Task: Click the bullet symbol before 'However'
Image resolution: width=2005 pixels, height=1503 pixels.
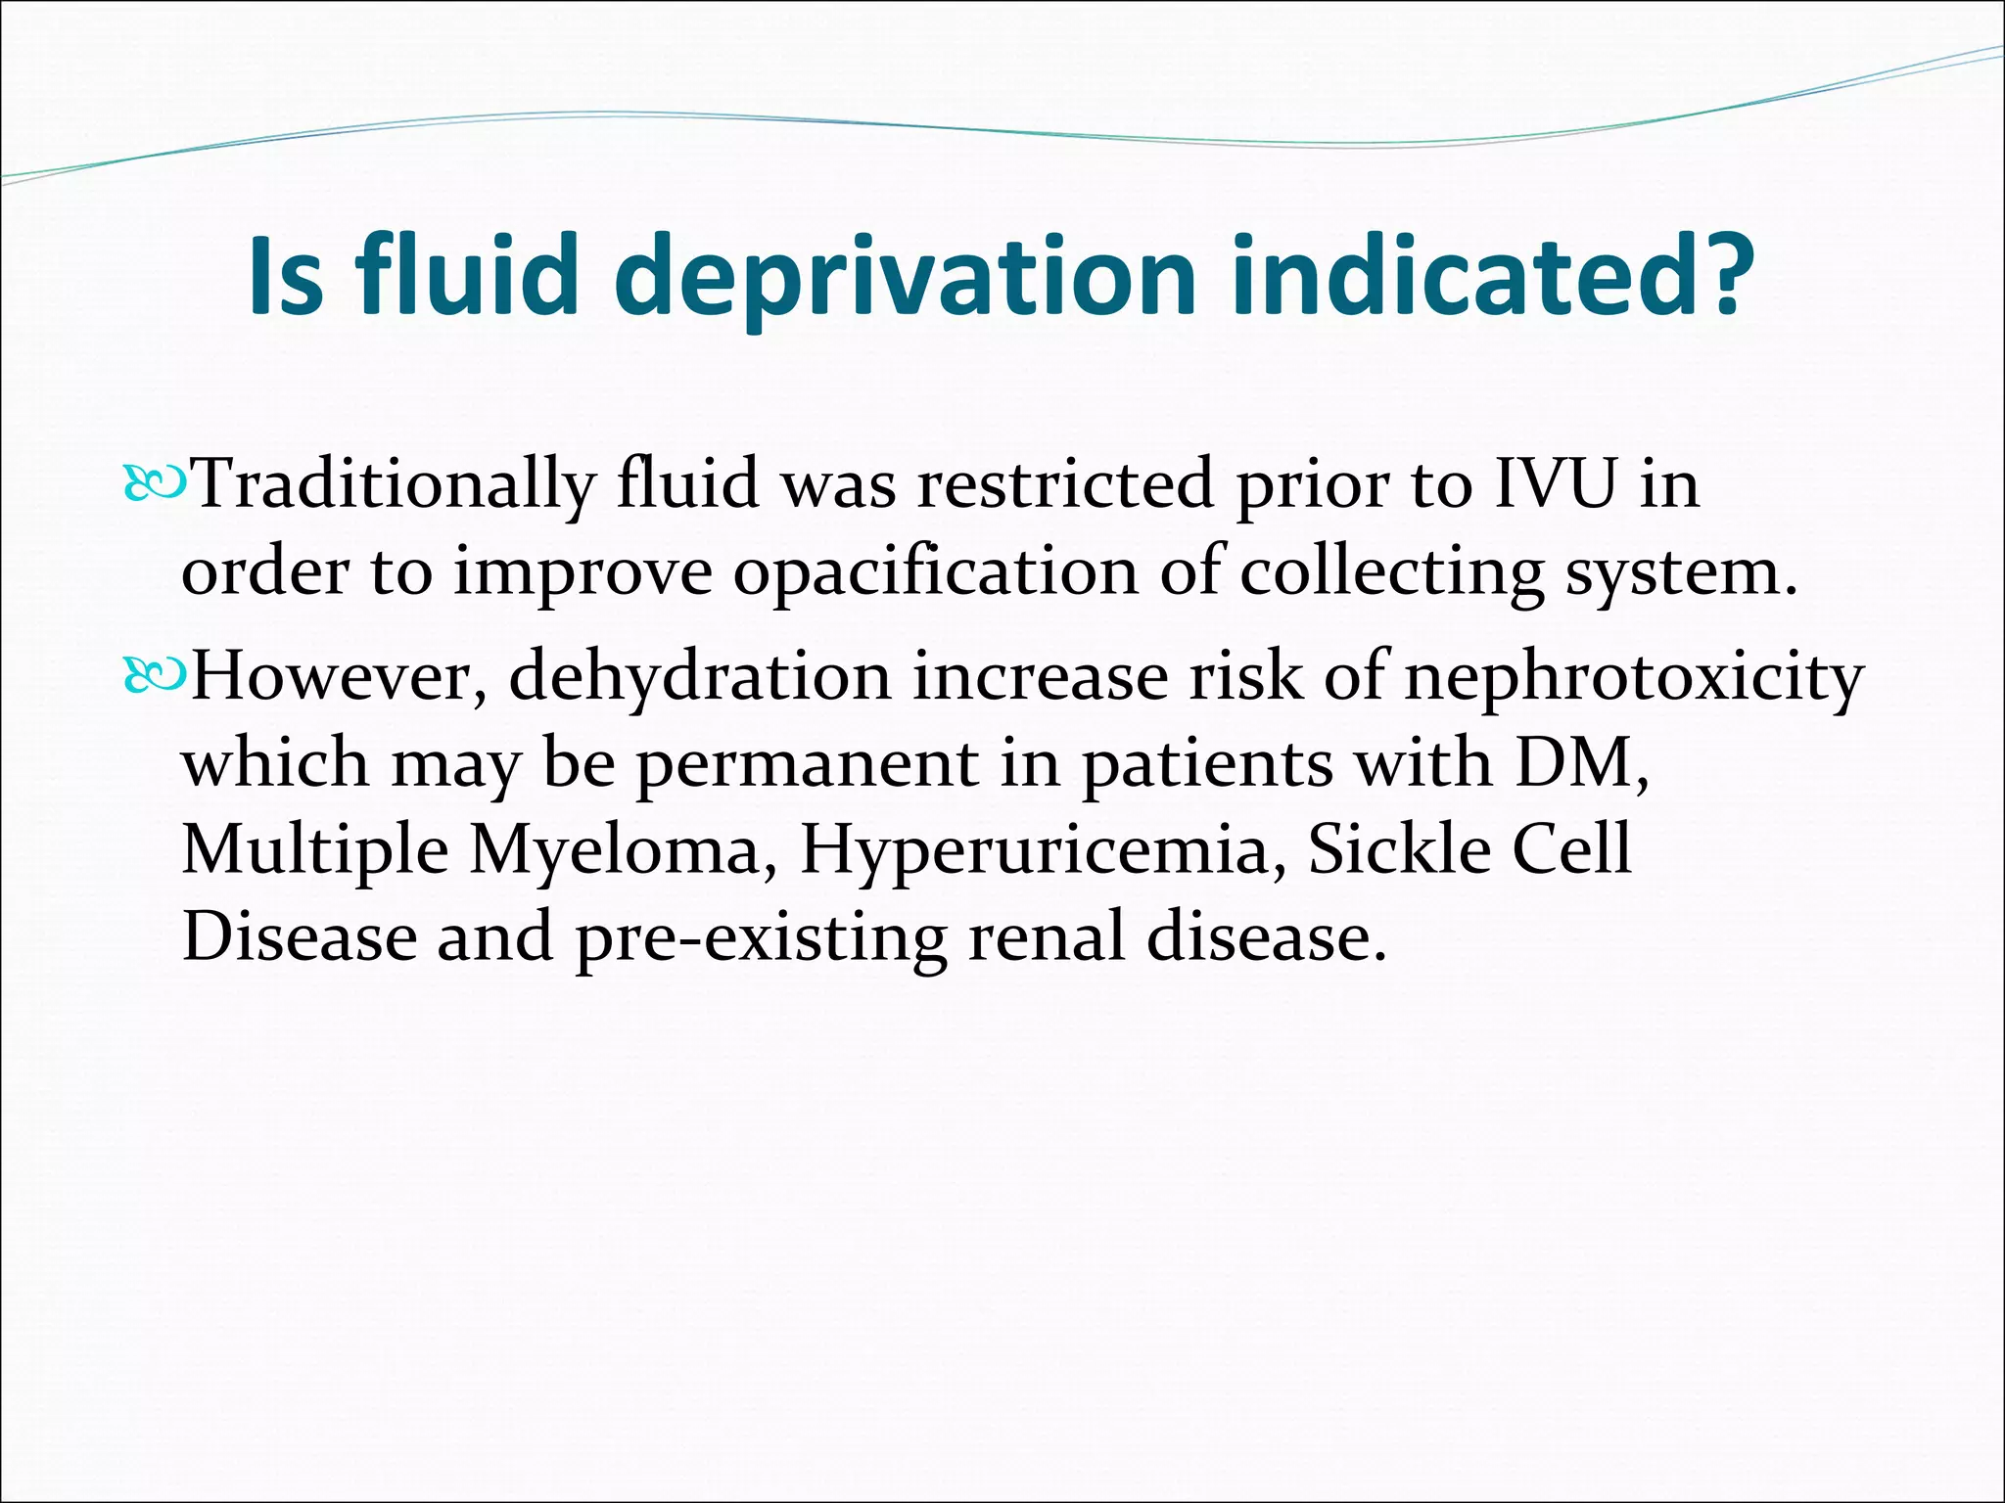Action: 154,676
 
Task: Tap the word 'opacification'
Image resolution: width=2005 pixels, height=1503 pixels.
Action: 936,571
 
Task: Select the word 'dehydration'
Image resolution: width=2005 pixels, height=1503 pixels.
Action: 700,676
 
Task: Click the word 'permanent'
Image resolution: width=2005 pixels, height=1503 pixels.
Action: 808,764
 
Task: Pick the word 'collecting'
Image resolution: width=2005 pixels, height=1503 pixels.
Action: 1391,571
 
